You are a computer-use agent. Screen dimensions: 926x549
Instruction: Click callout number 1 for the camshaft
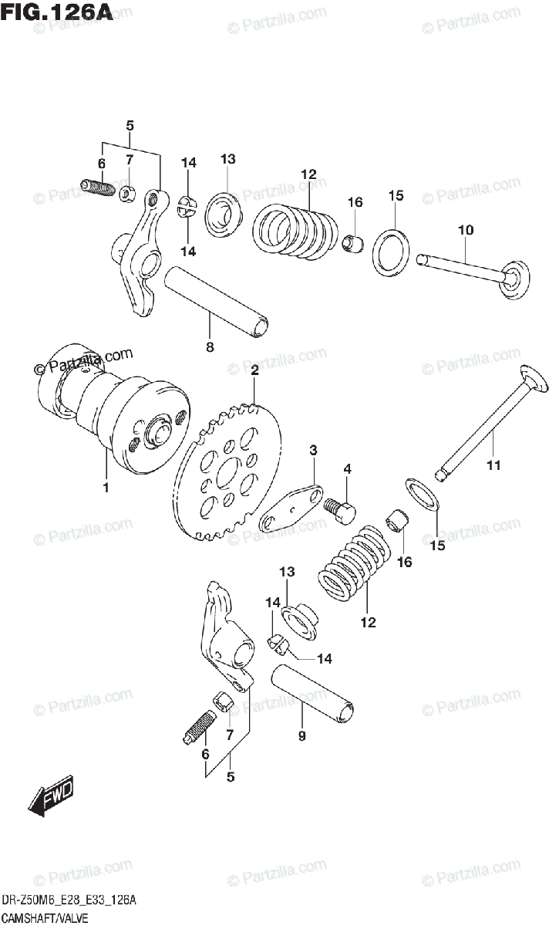[105, 488]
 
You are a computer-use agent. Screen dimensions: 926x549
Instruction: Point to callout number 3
[314, 450]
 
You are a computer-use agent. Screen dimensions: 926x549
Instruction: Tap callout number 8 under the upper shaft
[209, 347]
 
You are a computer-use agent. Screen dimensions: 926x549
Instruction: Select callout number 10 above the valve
[465, 230]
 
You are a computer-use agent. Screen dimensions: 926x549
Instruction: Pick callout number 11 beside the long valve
[493, 465]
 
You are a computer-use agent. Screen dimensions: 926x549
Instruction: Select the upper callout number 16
[354, 202]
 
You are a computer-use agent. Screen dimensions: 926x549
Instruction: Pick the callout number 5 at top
[130, 125]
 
